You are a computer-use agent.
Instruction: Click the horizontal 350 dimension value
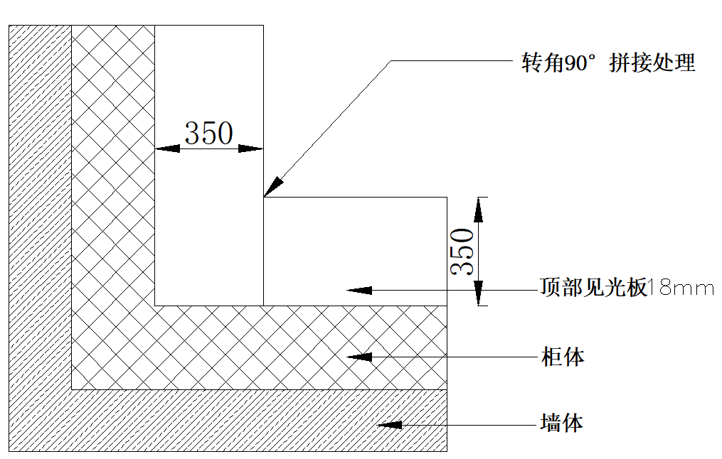click(208, 133)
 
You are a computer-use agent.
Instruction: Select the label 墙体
click(562, 424)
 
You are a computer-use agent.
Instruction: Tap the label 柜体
click(562, 356)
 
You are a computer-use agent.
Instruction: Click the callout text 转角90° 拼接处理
click(608, 63)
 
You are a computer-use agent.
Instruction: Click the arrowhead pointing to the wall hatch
click(388, 425)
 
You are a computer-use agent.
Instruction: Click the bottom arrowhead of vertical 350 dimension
click(479, 293)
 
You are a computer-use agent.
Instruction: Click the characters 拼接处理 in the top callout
click(652, 63)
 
